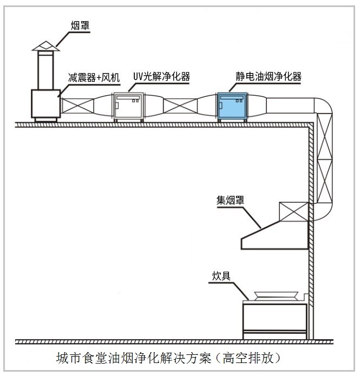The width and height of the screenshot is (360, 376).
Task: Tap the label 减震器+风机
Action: (x=93, y=77)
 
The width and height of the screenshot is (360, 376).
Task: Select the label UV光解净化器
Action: (x=161, y=76)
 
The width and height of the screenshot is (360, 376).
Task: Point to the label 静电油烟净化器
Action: (x=268, y=76)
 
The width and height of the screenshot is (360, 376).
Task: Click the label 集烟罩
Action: (x=230, y=200)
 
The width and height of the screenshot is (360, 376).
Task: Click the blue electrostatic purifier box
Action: (x=232, y=107)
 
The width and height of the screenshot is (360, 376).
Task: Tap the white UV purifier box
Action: (x=129, y=107)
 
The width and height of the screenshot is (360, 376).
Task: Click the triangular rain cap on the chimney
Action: (x=44, y=45)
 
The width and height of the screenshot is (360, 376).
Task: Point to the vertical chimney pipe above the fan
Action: (x=44, y=70)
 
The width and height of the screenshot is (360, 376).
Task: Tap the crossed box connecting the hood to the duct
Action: (x=293, y=213)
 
